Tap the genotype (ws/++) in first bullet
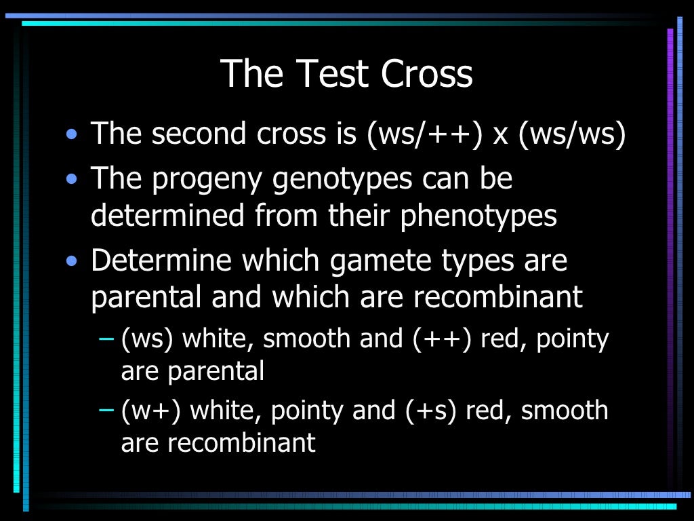click(x=424, y=134)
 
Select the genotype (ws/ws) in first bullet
click(x=571, y=134)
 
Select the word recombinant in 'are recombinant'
click(x=241, y=443)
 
